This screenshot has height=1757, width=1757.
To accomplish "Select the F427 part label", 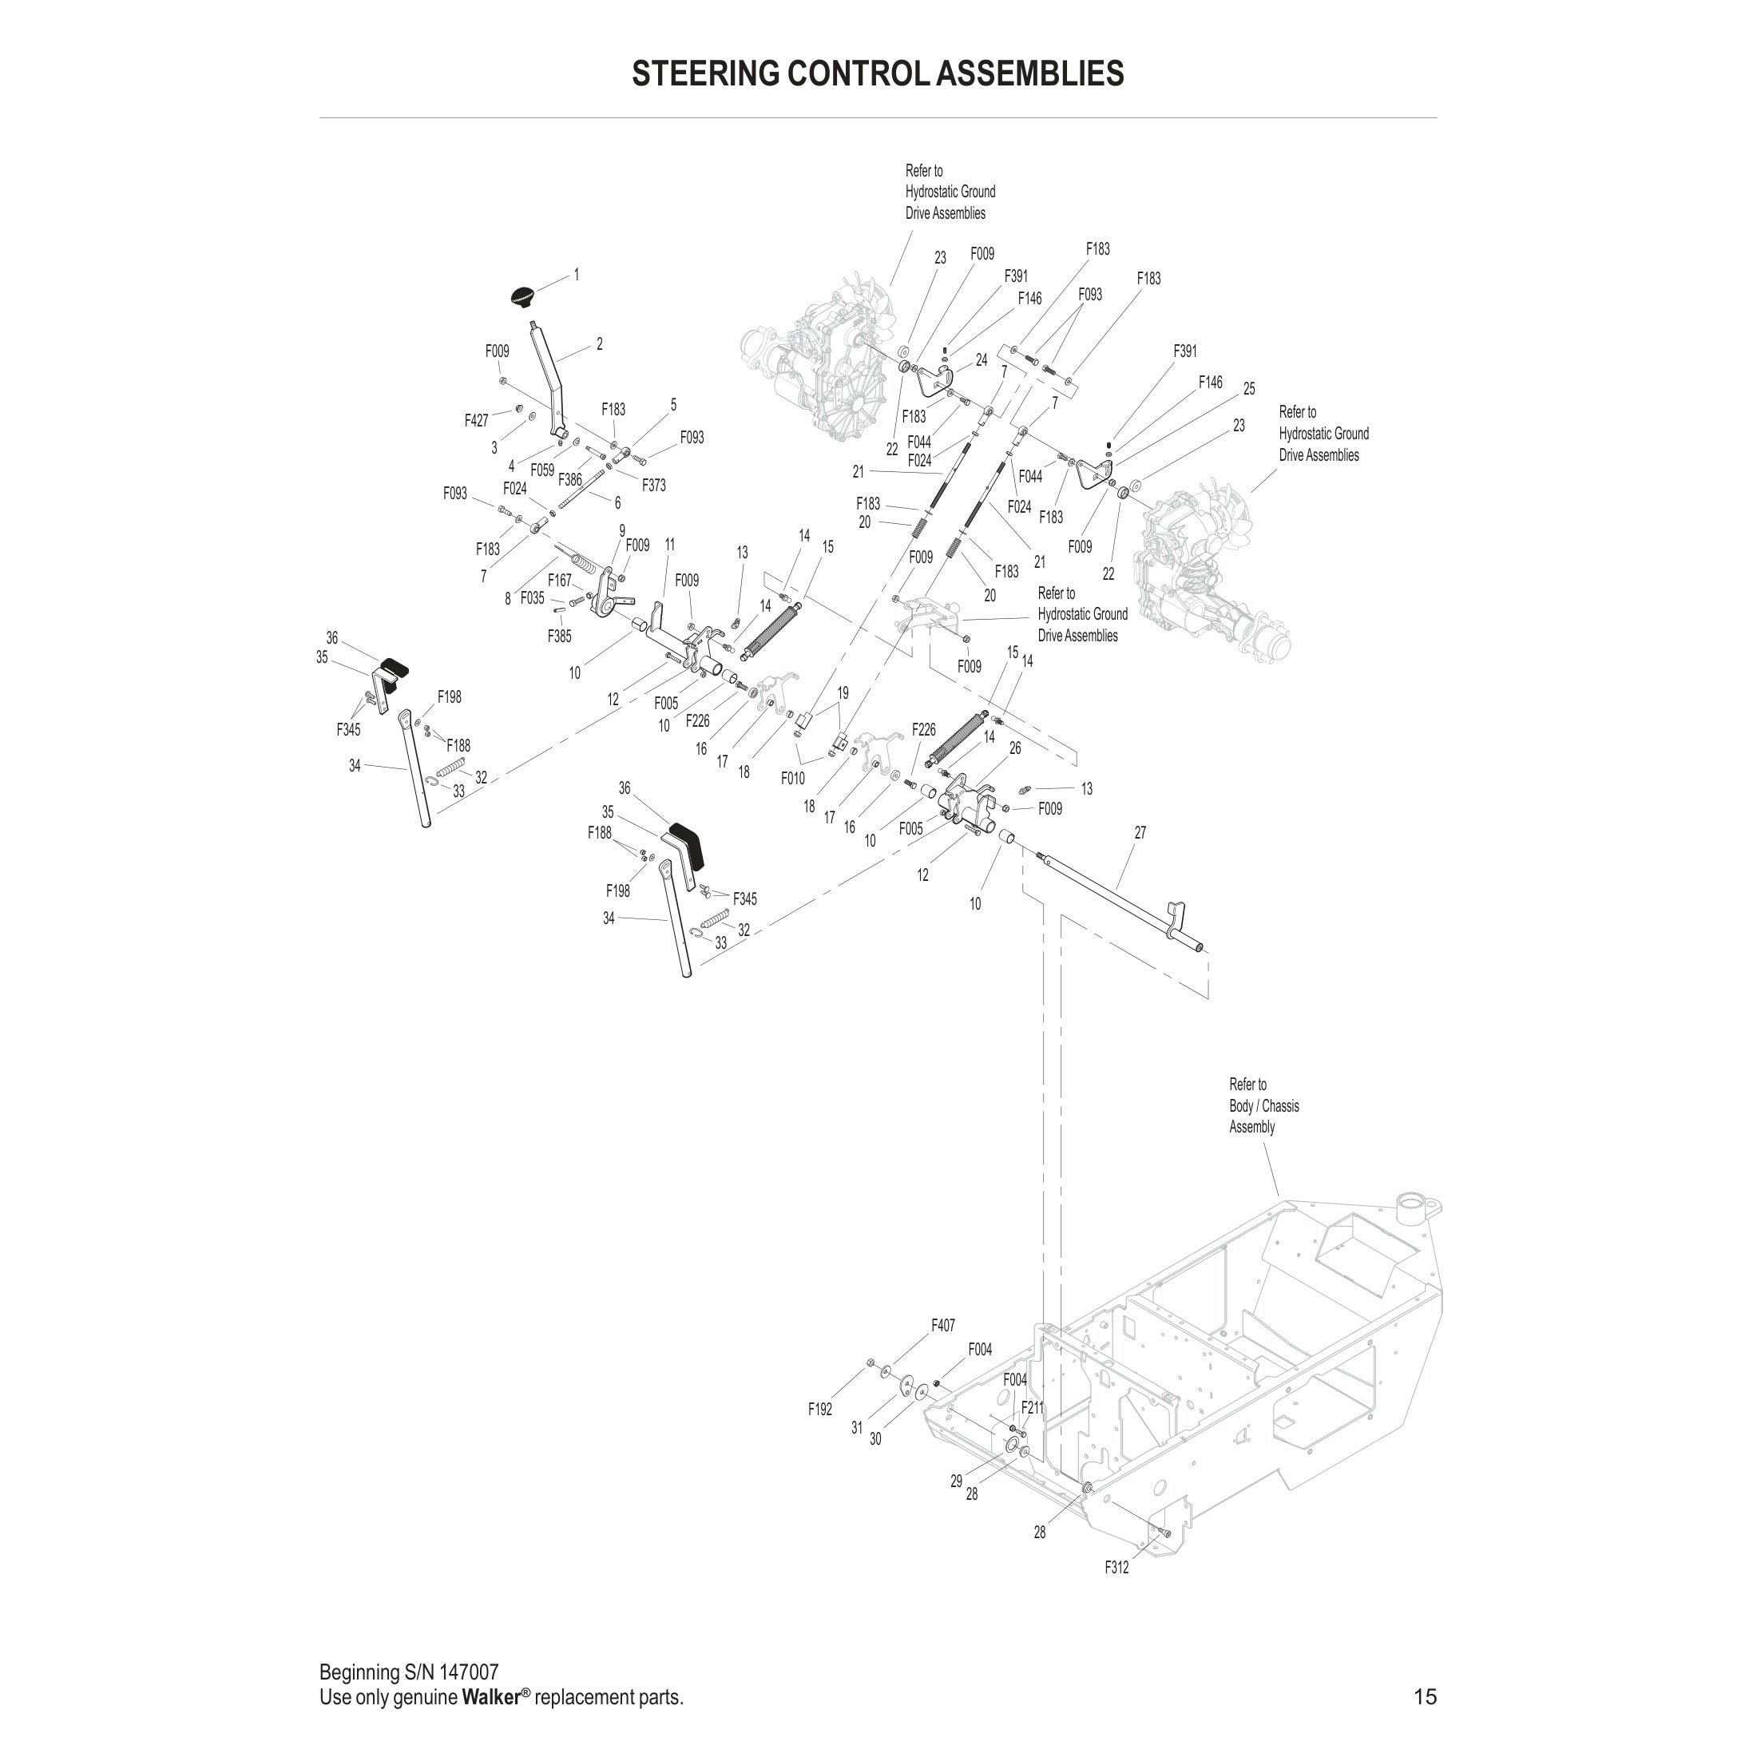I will pyautogui.click(x=476, y=420).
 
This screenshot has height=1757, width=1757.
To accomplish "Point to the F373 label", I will pyautogui.click(x=654, y=486).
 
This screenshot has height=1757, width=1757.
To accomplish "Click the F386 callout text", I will pyautogui.click(x=570, y=479).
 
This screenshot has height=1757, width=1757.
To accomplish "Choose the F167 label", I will pyautogui.click(x=559, y=581).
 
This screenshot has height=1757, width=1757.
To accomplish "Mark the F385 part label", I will pyautogui.click(x=559, y=637).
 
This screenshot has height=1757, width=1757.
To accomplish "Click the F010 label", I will pyautogui.click(x=792, y=779).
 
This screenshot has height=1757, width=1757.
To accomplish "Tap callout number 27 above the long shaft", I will pyautogui.click(x=1140, y=832).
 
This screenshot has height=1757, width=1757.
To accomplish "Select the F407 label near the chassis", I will pyautogui.click(x=943, y=1326).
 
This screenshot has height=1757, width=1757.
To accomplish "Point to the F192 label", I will pyautogui.click(x=819, y=1410).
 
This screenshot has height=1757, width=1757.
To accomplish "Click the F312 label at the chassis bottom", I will pyautogui.click(x=1116, y=1567).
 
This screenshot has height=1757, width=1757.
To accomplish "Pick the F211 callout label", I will pyautogui.click(x=1032, y=1408).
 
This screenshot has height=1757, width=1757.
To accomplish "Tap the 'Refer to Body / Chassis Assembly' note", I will pyautogui.click(x=1263, y=1106).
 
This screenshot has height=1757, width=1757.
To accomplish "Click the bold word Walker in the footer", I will pyautogui.click(x=490, y=1697).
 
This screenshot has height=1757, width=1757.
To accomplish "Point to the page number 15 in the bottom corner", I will pyautogui.click(x=1425, y=1696).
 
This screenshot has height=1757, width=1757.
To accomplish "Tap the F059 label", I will pyautogui.click(x=542, y=470).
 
